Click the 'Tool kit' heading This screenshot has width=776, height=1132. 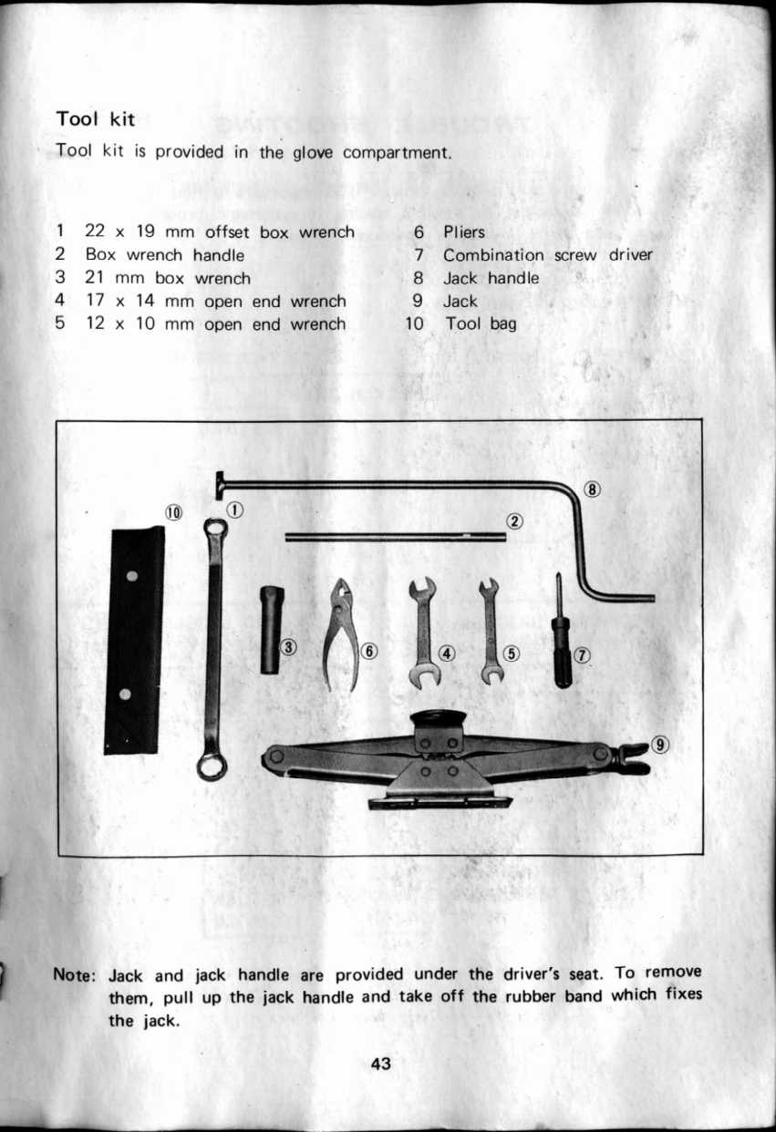pos(95,119)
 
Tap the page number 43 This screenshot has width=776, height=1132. pos(380,1064)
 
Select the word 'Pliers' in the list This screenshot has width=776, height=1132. pos(464,232)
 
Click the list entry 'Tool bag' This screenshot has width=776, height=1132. pos(481,324)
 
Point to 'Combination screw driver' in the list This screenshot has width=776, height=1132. pos(548,254)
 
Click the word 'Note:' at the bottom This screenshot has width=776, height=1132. pos(74,974)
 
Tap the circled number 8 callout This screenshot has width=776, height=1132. pos(593,489)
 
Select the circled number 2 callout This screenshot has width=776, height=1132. pos(514,521)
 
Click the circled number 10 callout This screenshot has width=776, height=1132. pos(173,512)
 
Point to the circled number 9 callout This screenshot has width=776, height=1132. pos(660,745)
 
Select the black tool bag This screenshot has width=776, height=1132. pos(134,640)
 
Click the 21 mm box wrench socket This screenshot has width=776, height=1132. pos(272,630)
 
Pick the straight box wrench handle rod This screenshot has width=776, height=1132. pos(396,537)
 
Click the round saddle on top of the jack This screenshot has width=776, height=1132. pos(438,717)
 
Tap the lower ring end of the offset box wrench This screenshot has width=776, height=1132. pos(212,767)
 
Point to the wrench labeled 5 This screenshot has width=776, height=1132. pos(490,632)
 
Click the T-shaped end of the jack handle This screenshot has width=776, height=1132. pos(220,486)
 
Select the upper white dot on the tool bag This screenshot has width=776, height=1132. pos(132,576)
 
